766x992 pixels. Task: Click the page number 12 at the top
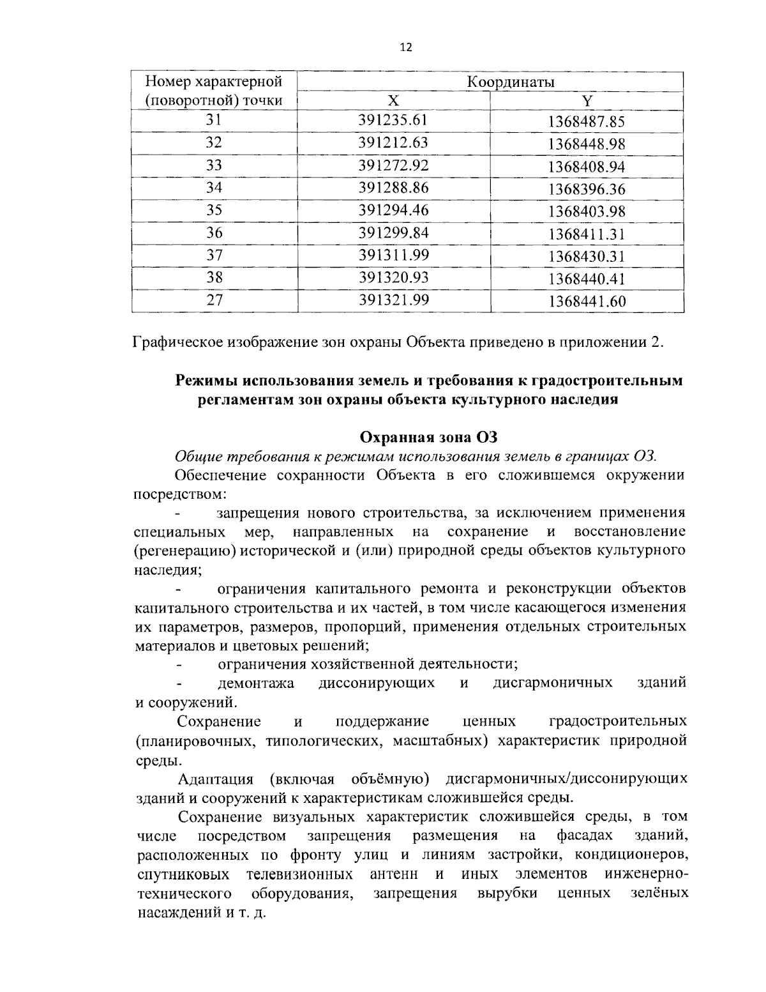(x=406, y=47)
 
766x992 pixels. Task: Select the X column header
(x=393, y=100)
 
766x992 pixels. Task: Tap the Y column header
(x=587, y=101)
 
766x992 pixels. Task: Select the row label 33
(x=214, y=165)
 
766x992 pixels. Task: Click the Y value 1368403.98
(x=586, y=211)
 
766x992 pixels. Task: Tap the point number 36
(x=214, y=233)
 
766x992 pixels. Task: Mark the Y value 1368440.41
(x=586, y=279)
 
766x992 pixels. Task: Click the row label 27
(x=214, y=300)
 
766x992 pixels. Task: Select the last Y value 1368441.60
(x=586, y=301)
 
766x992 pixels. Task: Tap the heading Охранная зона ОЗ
(x=428, y=438)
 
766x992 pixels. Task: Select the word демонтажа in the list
(x=255, y=683)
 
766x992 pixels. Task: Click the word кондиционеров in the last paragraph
(x=638, y=855)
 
